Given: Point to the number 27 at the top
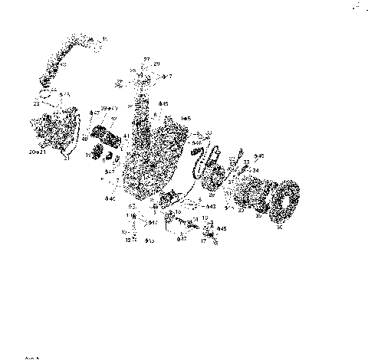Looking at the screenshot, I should [x=146, y=60].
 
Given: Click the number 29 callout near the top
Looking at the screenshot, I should [x=156, y=64].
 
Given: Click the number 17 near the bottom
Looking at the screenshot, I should [x=204, y=241].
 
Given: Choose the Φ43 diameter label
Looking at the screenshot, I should [x=210, y=206].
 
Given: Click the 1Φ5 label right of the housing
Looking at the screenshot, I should [x=186, y=119].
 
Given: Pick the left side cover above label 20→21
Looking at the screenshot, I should [x=54, y=130].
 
